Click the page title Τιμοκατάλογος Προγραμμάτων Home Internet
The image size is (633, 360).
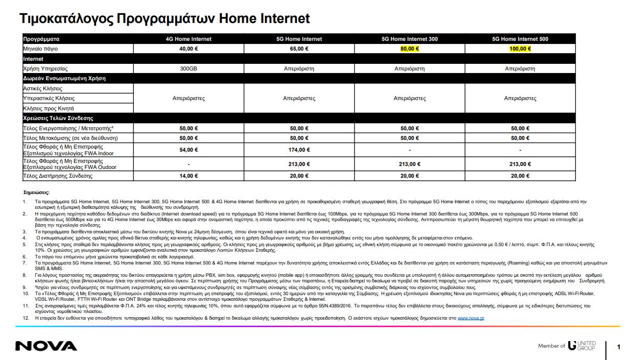[x=165, y=19]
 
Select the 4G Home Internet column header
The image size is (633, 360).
[x=189, y=39]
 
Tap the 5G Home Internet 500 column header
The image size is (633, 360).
[x=520, y=39]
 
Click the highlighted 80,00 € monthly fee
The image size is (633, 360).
[x=410, y=49]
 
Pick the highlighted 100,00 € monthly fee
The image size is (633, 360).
[x=520, y=49]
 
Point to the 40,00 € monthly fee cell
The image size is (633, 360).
[x=189, y=49]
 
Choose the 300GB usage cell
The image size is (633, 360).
[x=189, y=68]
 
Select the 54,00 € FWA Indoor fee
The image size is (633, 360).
[x=189, y=150]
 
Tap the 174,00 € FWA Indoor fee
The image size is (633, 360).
[x=299, y=150]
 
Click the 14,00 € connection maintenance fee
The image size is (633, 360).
[x=189, y=176]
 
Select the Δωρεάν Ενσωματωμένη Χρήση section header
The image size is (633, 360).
[x=64, y=79]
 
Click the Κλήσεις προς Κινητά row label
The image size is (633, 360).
[x=49, y=108]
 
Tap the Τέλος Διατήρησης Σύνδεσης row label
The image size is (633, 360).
[x=58, y=176]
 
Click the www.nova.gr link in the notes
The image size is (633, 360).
[x=471, y=318]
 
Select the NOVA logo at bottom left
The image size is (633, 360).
[x=46, y=346]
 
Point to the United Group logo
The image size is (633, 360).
[x=581, y=346]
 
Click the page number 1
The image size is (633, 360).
[x=619, y=347]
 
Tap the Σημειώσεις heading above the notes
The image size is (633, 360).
[x=37, y=193]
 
